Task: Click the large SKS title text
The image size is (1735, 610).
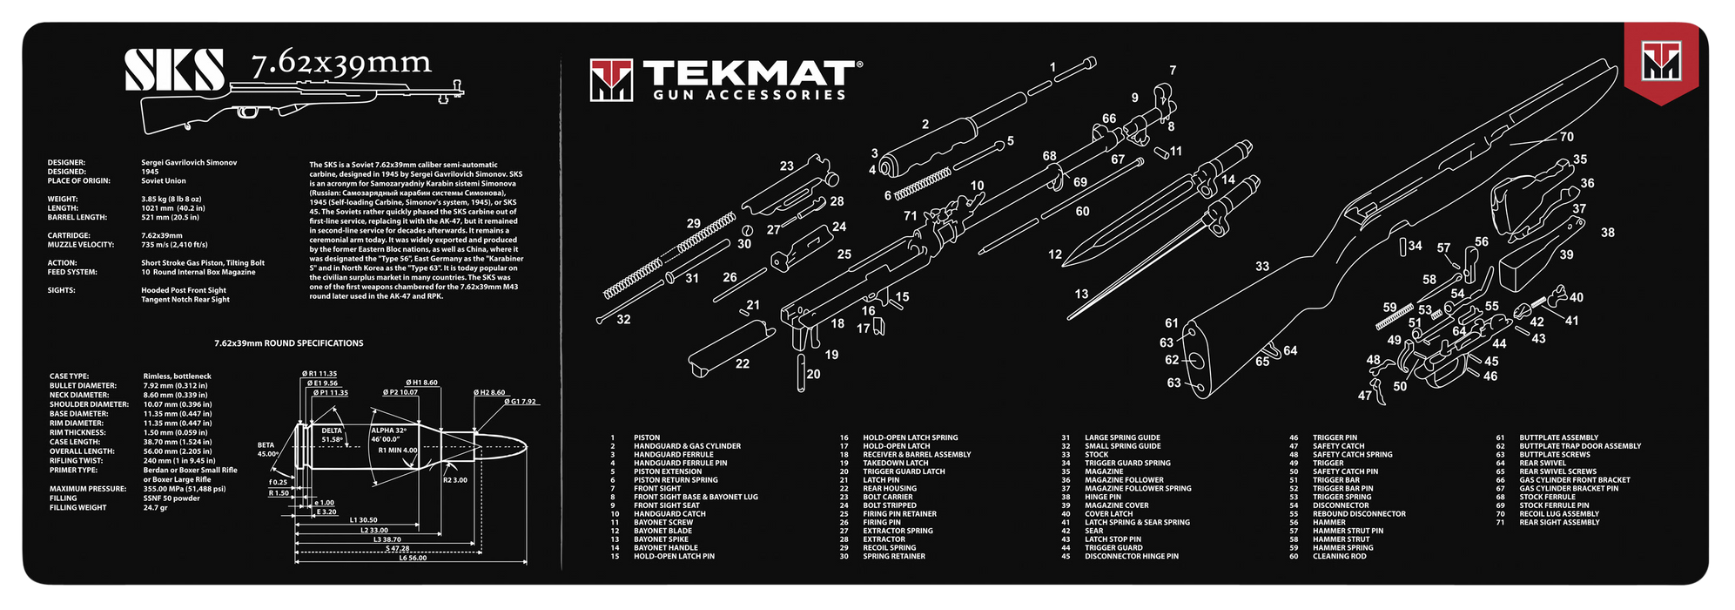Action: click(174, 70)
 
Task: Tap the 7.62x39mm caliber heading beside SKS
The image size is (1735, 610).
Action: click(341, 64)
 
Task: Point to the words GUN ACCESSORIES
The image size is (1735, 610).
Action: click(749, 95)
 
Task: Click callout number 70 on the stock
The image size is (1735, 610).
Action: click(1566, 137)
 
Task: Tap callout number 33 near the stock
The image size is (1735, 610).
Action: click(1262, 267)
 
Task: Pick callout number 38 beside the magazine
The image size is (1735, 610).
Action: click(1607, 233)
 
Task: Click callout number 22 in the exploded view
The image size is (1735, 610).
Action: click(742, 363)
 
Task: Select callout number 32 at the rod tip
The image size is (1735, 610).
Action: click(623, 320)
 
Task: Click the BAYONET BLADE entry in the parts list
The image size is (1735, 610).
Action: click(662, 531)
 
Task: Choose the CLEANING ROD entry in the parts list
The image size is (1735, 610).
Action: click(1340, 556)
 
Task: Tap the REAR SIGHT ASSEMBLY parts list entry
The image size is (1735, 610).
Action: click(1559, 522)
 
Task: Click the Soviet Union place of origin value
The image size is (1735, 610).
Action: click(164, 181)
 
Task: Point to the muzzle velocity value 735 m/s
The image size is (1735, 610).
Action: click(174, 245)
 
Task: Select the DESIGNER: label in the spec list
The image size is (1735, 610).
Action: click(66, 163)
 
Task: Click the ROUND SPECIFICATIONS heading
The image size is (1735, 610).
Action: click(289, 343)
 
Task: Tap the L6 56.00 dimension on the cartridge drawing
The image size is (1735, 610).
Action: click(413, 558)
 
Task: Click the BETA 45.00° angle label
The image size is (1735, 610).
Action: click(266, 449)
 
